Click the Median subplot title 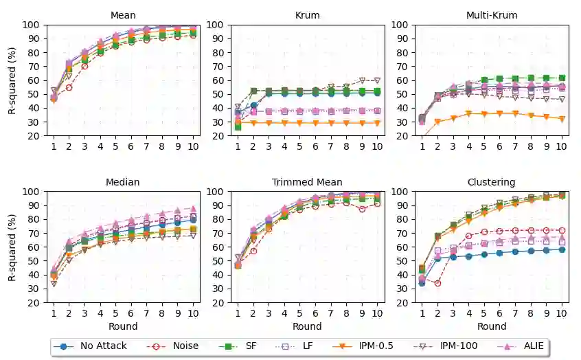(x=123, y=182)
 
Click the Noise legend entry (x=175, y=346)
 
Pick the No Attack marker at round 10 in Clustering (x=562, y=249)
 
